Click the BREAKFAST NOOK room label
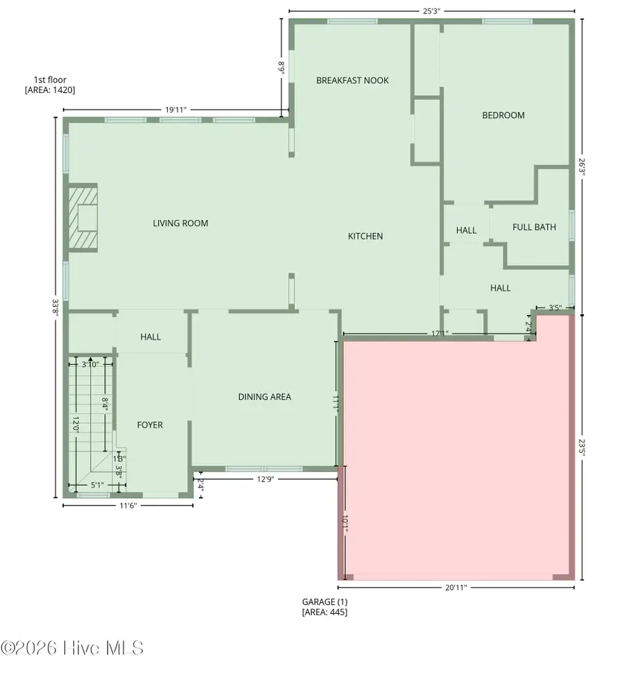352,80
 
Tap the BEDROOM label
503,115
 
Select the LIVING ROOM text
180,223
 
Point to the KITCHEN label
365,237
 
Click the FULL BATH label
534,227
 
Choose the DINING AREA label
264,397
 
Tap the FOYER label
150,425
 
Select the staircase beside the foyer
90,423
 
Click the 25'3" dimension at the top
431,11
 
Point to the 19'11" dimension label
175,110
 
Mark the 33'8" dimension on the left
55,307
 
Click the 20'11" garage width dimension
456,587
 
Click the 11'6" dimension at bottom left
127,506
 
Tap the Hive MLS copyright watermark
72,648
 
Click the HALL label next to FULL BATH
466,230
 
